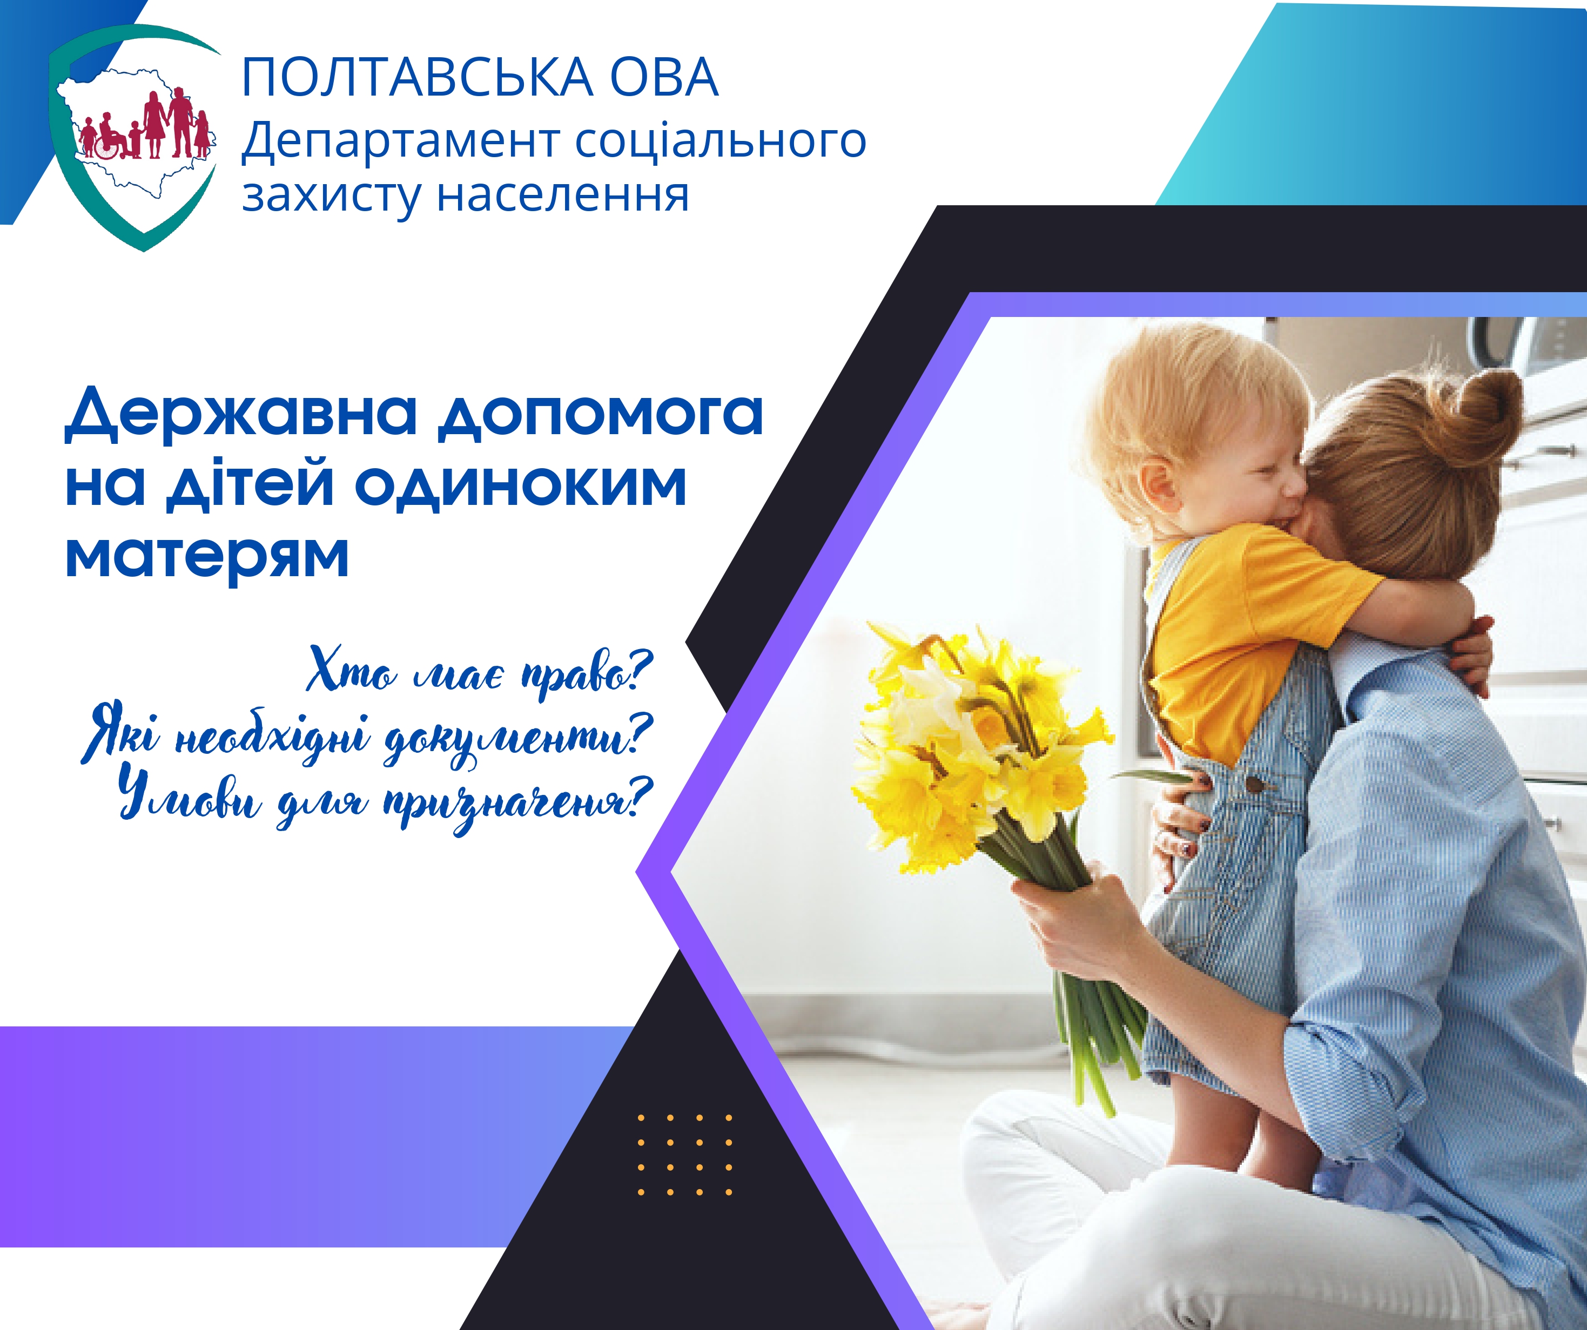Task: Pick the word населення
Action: coord(563,195)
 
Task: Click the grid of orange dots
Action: coord(685,1155)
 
